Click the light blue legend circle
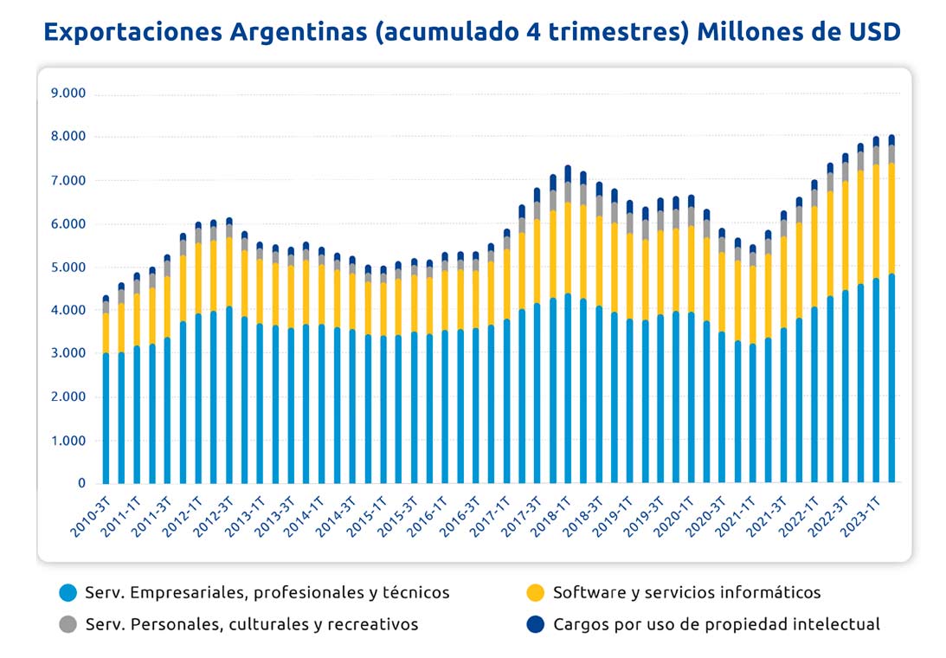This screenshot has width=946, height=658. click(x=68, y=593)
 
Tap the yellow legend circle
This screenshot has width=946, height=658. click(x=536, y=593)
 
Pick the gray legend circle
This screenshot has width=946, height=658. click(x=68, y=624)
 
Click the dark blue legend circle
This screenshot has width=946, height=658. click(x=536, y=624)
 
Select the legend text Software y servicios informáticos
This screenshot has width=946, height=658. click(x=686, y=593)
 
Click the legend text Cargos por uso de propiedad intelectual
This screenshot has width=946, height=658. click(x=716, y=624)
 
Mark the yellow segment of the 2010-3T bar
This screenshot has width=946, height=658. click(x=106, y=333)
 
